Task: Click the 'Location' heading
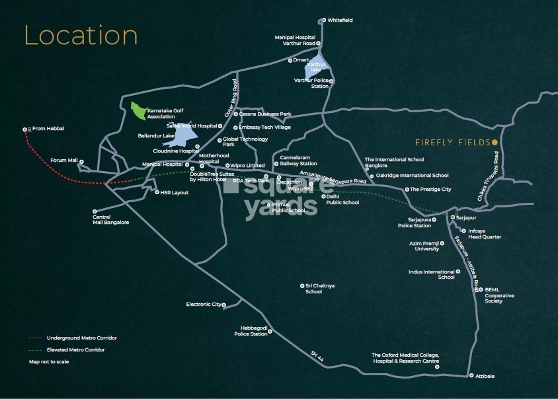point(81,35)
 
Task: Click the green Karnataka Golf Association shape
point(138,111)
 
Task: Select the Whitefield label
point(340,20)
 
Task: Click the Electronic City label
point(204,305)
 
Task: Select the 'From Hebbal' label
point(48,128)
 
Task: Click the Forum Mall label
point(64,161)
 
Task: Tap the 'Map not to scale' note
point(48,361)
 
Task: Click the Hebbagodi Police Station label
point(251,331)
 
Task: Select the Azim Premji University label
point(424,246)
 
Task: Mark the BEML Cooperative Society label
point(499,295)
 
